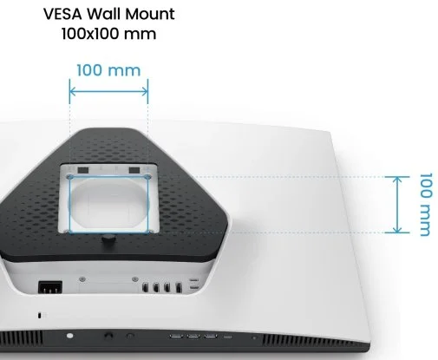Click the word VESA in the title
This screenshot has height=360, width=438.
point(62,14)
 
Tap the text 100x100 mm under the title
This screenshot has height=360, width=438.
point(109,34)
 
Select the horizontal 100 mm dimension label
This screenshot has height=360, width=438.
point(108,70)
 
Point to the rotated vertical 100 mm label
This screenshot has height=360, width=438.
point(426,205)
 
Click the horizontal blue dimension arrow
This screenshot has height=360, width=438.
point(108,92)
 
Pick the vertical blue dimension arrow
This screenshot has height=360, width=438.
point(397,205)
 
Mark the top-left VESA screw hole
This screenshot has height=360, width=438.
point(69,177)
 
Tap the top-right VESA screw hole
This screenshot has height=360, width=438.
point(147,176)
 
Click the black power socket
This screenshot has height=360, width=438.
point(50,287)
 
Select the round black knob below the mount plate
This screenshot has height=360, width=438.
point(108,239)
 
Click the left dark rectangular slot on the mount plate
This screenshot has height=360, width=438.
point(83,169)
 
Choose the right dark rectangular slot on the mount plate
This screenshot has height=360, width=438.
point(134,169)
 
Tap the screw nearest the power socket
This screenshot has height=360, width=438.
point(82,279)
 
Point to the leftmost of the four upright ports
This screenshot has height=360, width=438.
point(145,287)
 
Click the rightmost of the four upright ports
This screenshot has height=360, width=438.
point(179,287)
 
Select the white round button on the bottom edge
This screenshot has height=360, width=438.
point(69,336)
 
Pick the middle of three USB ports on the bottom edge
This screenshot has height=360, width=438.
point(193,336)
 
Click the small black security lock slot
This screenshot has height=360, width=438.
point(39,315)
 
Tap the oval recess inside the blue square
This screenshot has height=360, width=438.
point(108,202)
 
